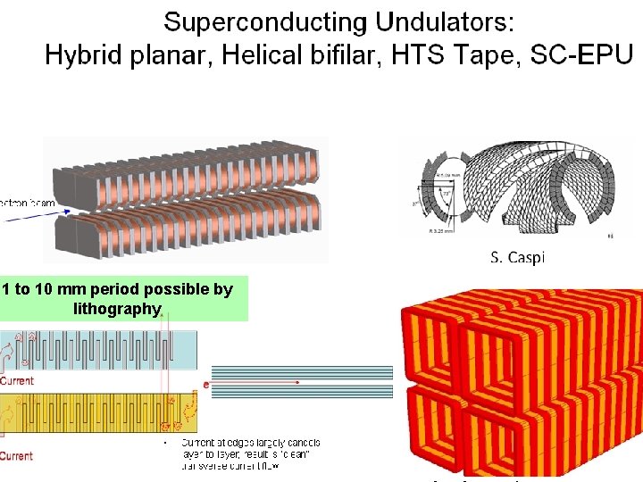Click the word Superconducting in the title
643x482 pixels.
265,22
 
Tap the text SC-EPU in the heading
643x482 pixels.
581,55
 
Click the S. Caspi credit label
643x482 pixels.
517,258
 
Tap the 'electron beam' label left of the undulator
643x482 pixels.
27,204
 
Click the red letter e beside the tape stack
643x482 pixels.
206,385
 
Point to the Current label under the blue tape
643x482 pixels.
17,380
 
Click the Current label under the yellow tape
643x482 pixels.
17,456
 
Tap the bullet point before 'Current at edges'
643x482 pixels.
166,443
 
